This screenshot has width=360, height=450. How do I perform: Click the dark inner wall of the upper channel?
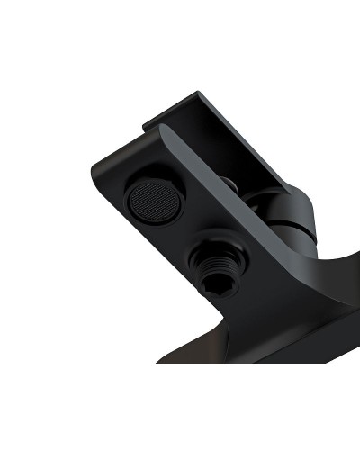tap(234, 148)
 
